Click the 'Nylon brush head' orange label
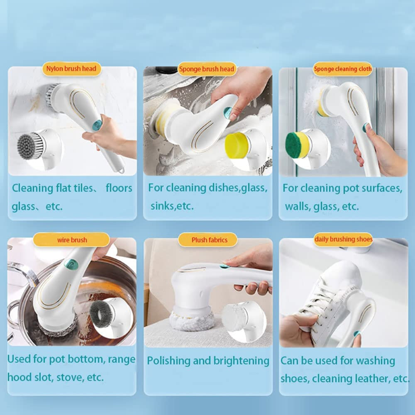[x=71, y=68]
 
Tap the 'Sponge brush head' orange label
[x=207, y=69]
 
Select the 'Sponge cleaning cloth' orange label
[x=343, y=68]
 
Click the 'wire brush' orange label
[x=72, y=240]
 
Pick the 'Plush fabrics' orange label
[x=209, y=240]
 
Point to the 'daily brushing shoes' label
[x=343, y=239]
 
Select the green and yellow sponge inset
[x=299, y=145]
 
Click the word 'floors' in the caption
[x=119, y=188]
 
